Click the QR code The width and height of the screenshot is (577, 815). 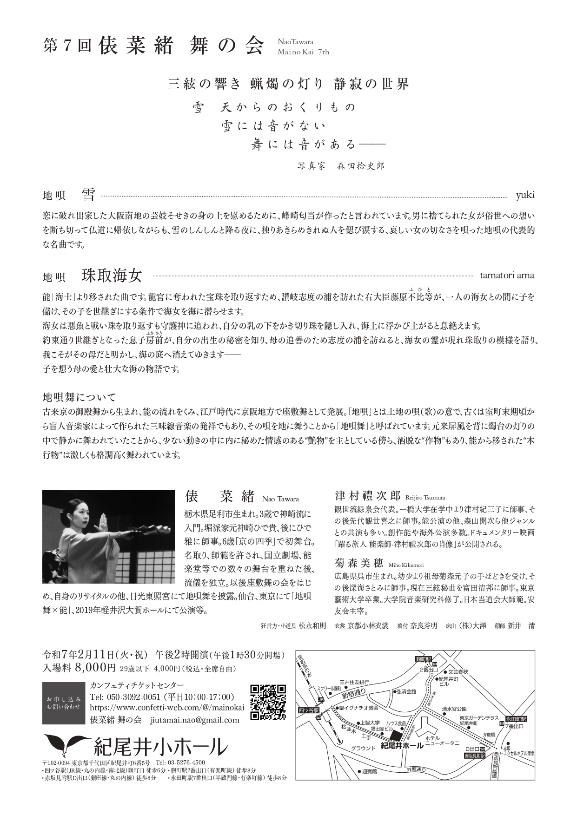pos(268,702)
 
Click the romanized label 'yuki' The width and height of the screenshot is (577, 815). pos(525,195)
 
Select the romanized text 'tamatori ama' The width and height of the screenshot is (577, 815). pos(507,276)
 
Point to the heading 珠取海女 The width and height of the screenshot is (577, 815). pos(112,276)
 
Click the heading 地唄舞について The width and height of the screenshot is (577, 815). pos(79,397)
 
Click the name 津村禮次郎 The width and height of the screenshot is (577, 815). pos(367,494)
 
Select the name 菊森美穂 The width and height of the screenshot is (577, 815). pos(358,563)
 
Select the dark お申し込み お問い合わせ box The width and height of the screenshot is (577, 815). pos(64,703)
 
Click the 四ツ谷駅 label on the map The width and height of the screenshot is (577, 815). pos(308,710)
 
